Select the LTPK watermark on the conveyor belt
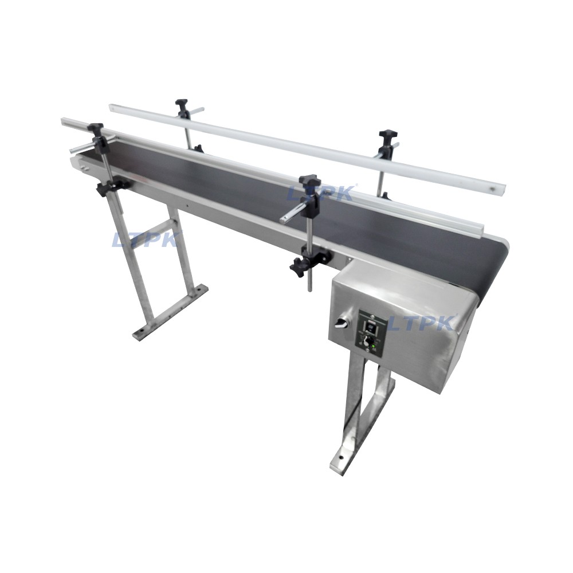[320, 193]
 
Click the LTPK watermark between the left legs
[146, 240]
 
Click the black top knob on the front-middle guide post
[309, 180]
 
